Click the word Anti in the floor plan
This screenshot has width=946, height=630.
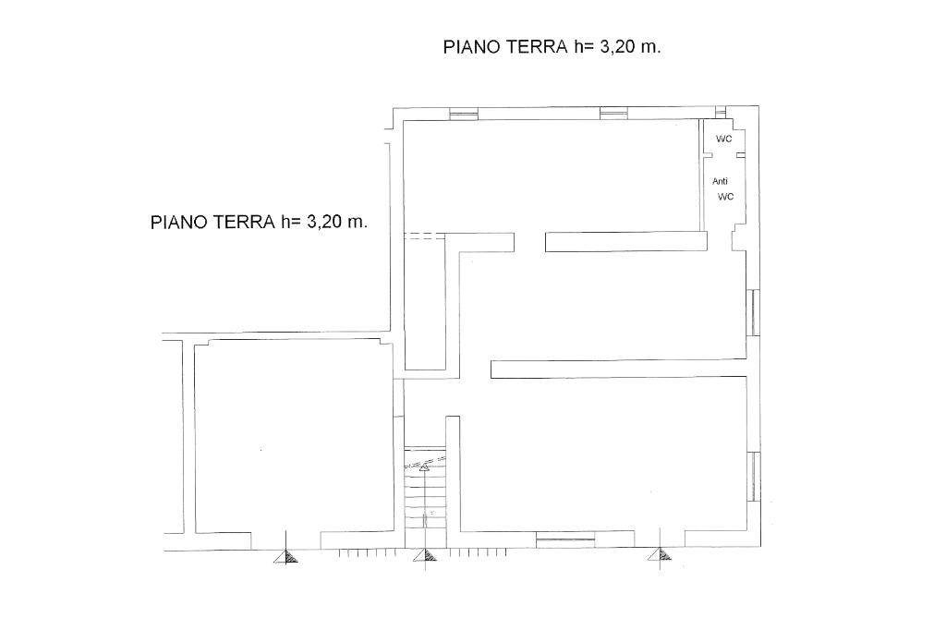tap(720, 181)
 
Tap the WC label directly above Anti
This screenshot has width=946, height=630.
tap(724, 139)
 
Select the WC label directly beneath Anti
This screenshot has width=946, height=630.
tap(726, 197)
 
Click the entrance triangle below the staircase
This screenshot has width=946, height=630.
tap(425, 555)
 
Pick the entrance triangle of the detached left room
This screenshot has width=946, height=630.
tap(285, 556)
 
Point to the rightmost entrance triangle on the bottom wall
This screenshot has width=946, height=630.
tap(660, 554)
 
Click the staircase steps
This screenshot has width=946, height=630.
tap(425, 488)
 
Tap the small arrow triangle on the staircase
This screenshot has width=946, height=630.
tap(424, 467)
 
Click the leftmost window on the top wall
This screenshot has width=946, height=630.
tap(464, 114)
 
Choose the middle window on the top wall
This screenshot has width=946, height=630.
tap(613, 113)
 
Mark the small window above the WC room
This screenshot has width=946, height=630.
tap(721, 113)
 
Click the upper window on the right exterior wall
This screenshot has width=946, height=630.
tap(754, 312)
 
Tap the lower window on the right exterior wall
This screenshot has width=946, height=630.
tap(754, 476)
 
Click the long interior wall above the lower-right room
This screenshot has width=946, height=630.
tap(618, 369)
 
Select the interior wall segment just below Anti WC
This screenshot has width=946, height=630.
tap(626, 241)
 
